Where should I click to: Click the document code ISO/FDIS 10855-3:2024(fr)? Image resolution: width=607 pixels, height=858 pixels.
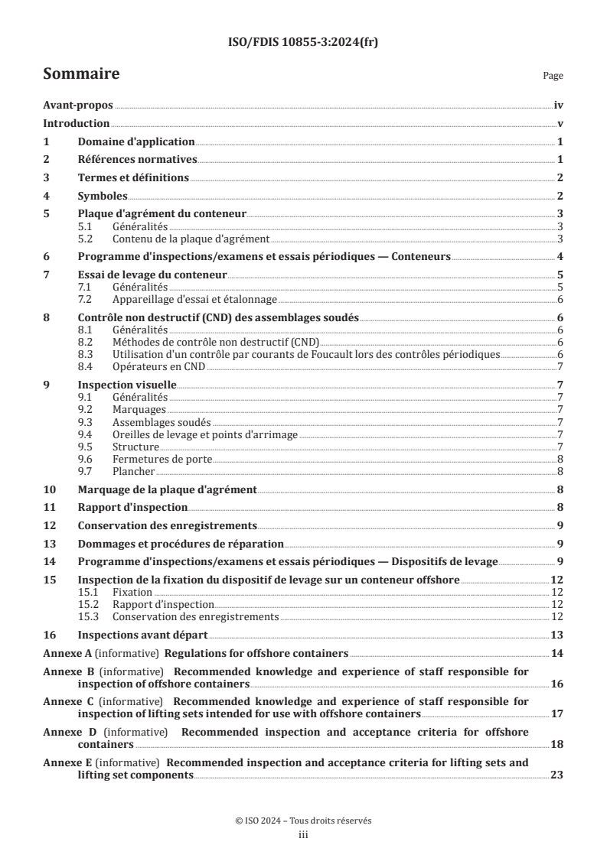[x=303, y=43]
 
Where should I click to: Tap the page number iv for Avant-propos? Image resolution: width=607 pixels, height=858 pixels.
[x=559, y=107]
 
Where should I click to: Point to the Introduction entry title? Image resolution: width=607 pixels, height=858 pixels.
[x=77, y=124]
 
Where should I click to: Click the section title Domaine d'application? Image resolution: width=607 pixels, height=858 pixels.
[x=136, y=142]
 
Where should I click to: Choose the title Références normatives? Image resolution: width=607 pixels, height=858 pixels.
[x=138, y=160]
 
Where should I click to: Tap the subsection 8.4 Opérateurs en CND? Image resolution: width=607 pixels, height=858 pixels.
[x=158, y=367]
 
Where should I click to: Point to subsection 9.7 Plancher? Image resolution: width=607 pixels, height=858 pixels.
[x=132, y=471]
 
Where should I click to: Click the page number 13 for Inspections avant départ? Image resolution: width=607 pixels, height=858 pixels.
[x=557, y=635]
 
